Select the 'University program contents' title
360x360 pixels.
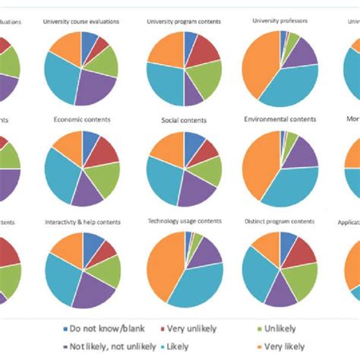tap(183, 21)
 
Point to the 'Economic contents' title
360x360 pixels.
tap(82, 119)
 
